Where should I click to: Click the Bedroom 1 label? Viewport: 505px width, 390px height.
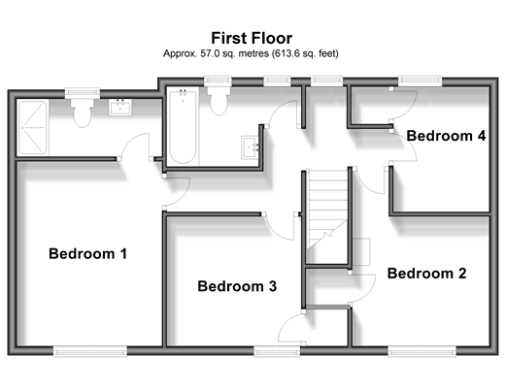click(87, 253)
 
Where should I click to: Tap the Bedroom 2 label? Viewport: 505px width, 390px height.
click(426, 274)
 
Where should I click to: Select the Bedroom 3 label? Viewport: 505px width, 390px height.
click(237, 286)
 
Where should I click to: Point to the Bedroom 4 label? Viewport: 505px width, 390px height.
click(446, 136)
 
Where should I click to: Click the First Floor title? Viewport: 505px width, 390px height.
click(252, 38)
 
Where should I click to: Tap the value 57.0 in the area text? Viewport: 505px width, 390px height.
click(208, 53)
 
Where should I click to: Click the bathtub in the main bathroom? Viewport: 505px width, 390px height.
click(183, 126)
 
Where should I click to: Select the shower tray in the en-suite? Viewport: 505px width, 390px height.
click(33, 127)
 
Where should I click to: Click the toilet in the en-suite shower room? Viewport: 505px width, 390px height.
click(83, 113)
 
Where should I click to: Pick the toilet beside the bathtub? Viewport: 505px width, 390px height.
click(219, 100)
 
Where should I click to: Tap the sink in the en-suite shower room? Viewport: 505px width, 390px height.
click(120, 108)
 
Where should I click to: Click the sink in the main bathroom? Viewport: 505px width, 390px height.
click(250, 147)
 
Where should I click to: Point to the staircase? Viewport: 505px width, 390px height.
click(327, 216)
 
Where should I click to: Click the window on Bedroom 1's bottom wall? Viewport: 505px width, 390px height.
click(90, 351)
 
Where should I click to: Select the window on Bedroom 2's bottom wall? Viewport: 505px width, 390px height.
click(421, 351)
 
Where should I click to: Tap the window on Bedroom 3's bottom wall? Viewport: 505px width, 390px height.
click(277, 351)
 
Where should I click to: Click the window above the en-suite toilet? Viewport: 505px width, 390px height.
click(83, 93)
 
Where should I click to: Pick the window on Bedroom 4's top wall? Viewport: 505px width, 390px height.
click(420, 81)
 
